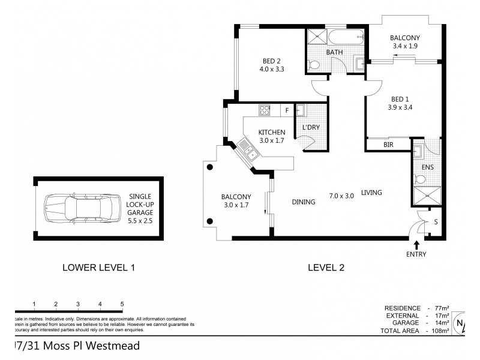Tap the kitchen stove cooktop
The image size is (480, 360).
[x=265, y=110]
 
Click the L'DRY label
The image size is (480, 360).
[x=310, y=127]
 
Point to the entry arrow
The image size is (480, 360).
[x=416, y=244]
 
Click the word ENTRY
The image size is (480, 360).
[x=416, y=254]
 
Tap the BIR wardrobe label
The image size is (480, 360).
[x=388, y=145]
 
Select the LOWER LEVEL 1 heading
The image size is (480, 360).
[x=98, y=268]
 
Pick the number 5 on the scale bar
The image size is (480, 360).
[x=122, y=304]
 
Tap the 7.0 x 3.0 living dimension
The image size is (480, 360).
[x=341, y=195]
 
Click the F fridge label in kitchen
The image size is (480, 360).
[x=287, y=110]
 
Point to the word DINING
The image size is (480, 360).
[x=303, y=202]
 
